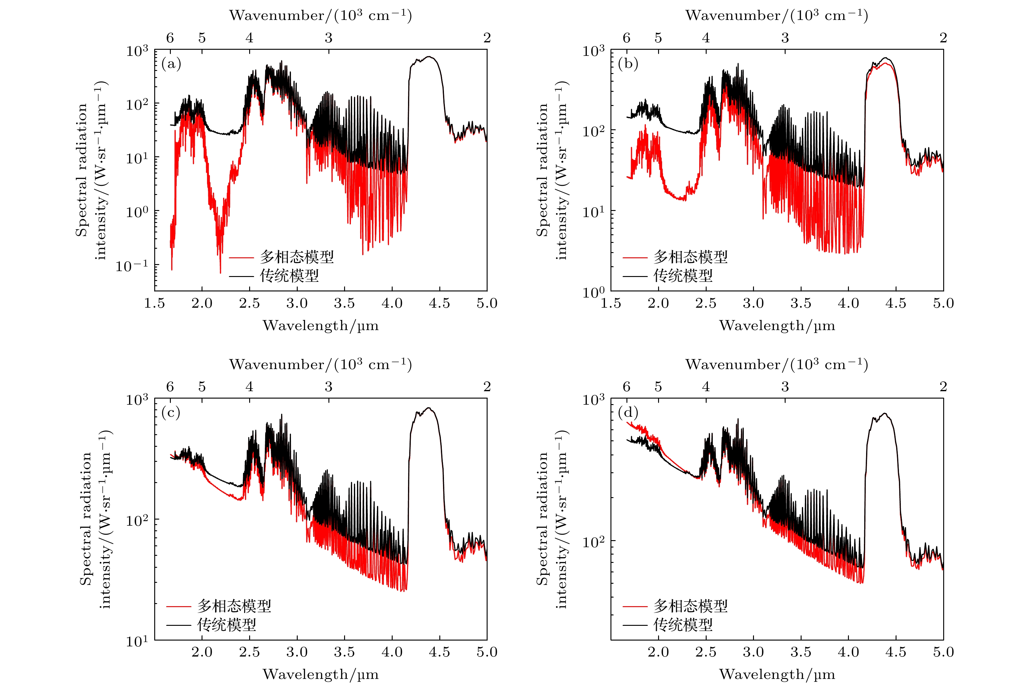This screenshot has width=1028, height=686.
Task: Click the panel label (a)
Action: (171, 64)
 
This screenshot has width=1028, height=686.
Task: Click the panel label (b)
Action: (628, 64)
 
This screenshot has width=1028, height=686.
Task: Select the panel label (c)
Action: (171, 413)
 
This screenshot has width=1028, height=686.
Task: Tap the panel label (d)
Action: (628, 413)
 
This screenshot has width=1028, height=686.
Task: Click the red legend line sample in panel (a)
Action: (241, 258)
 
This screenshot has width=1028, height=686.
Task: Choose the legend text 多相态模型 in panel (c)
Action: (234, 606)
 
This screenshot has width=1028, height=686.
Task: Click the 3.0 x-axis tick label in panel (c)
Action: (297, 652)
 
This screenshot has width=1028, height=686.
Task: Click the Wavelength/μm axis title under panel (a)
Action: (320, 326)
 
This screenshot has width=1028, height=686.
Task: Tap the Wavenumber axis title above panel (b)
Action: (777, 16)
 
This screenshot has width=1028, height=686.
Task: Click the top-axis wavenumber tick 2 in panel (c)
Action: (487, 387)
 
